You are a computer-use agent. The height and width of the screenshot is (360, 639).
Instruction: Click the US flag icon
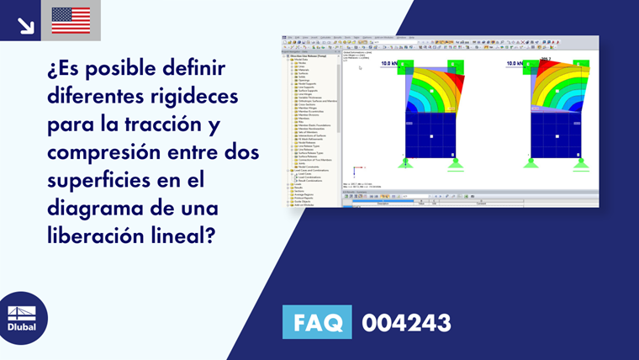[71, 20]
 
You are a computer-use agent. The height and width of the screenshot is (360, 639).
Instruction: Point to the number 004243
[406, 322]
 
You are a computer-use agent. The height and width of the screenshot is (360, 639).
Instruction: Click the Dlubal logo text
[22, 327]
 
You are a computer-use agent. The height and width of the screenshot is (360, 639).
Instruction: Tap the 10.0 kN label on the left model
[390, 63]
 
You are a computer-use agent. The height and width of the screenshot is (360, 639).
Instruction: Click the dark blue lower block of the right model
[557, 135]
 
